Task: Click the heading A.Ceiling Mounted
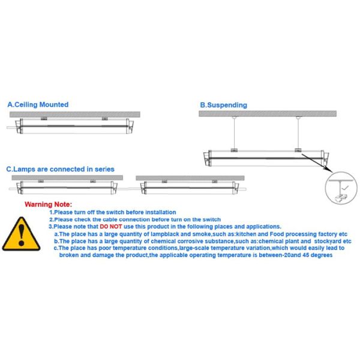38,104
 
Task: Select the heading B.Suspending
223,105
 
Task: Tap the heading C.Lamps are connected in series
60,169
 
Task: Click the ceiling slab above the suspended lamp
267,113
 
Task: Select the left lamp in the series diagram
66,188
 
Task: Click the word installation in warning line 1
160,212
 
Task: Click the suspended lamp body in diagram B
264,158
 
